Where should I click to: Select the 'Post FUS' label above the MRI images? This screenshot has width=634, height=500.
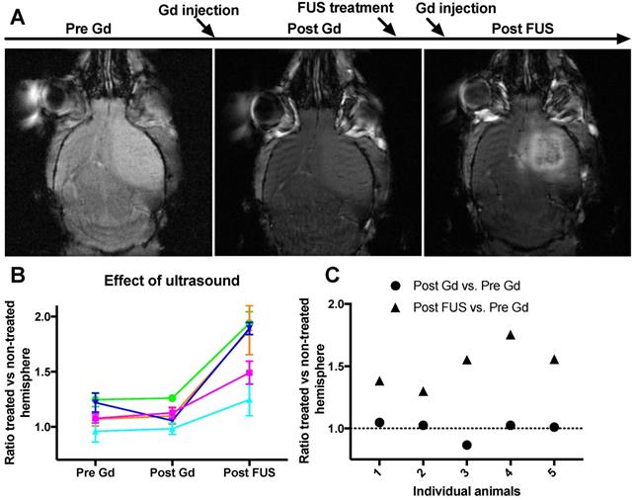[522, 30]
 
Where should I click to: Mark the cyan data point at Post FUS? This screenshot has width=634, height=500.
[250, 399]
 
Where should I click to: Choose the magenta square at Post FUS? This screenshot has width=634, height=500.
[250, 373]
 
